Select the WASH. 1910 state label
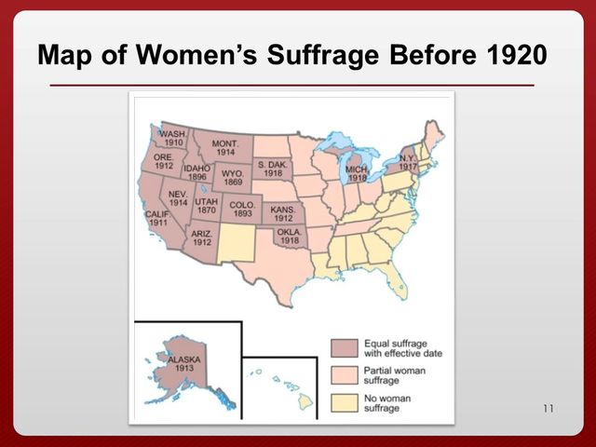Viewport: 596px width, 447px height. (173, 139)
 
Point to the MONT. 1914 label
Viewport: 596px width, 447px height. (226, 148)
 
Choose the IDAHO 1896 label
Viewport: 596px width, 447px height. (196, 173)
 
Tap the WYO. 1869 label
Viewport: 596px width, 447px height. (233, 177)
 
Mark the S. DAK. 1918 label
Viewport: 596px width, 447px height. (272, 169)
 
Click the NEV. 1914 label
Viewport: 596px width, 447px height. (178, 198)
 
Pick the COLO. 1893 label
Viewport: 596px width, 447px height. (242, 210)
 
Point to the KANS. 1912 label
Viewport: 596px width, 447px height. (283, 215)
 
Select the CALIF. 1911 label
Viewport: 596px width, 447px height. (156, 219)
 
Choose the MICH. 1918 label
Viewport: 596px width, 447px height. (358, 174)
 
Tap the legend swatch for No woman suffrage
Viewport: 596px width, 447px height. (345, 403)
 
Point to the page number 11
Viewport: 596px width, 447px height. (548, 409)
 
